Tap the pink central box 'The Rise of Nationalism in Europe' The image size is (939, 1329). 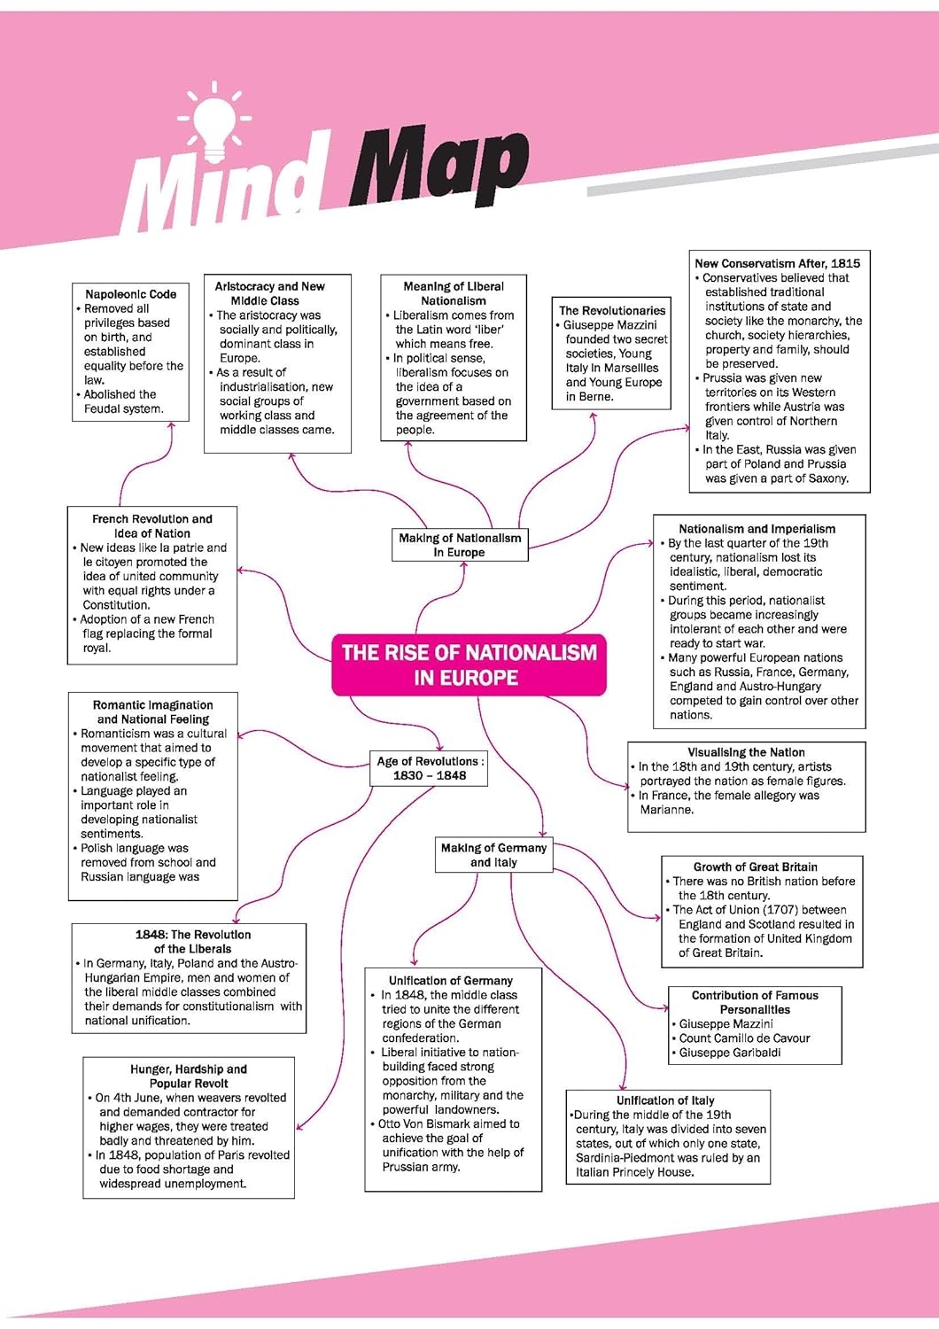(469, 664)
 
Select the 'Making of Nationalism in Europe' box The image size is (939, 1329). (460, 545)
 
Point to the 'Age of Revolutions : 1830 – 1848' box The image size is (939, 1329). (429, 768)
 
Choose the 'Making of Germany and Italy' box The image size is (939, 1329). (493, 855)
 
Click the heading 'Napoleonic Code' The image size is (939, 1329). (130, 294)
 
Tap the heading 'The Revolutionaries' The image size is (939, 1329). (612, 310)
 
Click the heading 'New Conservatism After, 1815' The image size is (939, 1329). (777, 263)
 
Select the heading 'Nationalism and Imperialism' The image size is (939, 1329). (757, 529)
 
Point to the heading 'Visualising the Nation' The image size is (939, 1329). (746, 752)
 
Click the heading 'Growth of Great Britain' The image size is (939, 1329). (755, 867)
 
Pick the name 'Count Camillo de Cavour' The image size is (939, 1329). (744, 1038)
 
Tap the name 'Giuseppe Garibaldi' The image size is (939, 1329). (730, 1053)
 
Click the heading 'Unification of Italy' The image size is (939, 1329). (665, 1100)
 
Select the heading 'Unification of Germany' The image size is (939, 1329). (451, 981)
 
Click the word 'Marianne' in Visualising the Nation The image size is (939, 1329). (666, 810)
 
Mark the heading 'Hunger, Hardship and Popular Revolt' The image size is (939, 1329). (189, 1076)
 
